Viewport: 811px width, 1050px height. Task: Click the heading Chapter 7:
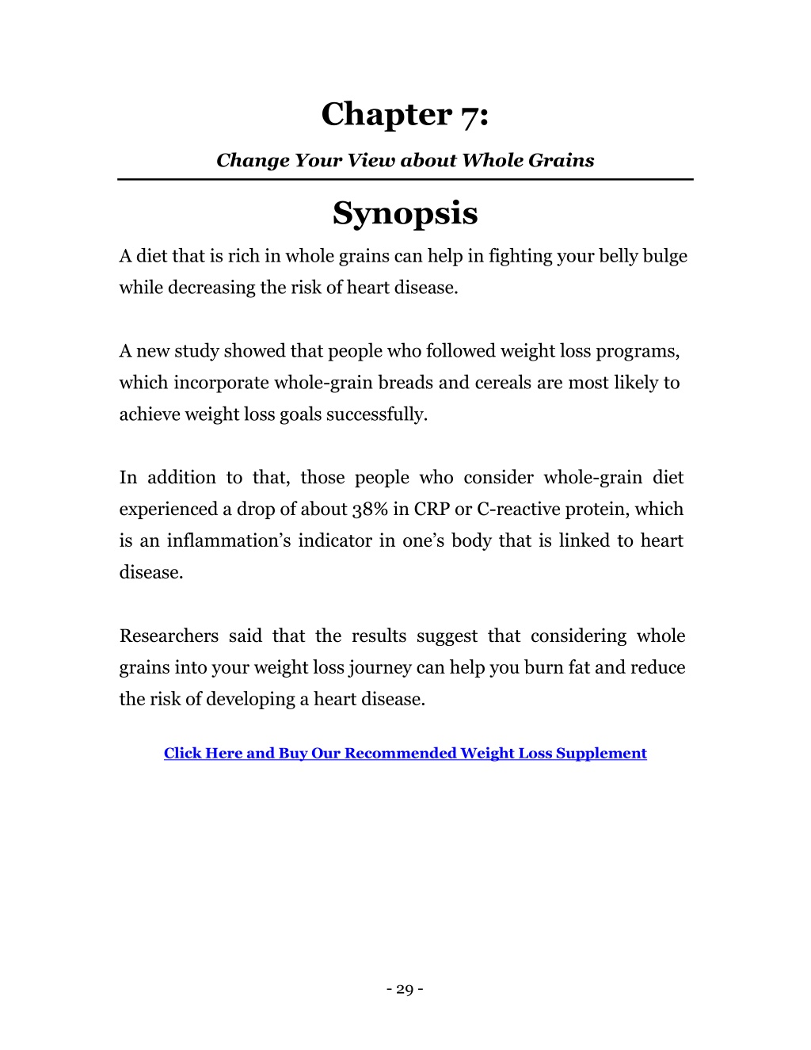[405, 115]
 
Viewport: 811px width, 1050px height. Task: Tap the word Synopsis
[405, 213]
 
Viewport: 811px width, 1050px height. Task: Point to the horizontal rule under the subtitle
[405, 180]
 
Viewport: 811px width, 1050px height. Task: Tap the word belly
[620, 256]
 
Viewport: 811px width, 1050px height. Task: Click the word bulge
[667, 256]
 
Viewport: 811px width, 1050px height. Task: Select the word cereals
[503, 383]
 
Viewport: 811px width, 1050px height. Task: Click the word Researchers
[169, 636]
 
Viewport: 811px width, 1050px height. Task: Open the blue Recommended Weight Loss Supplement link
[405, 754]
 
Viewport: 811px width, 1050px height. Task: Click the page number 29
[405, 989]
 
